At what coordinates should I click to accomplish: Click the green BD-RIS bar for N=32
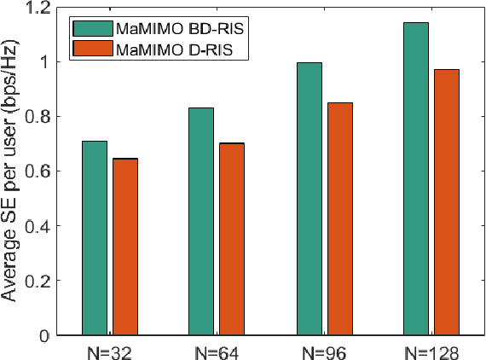coord(95,238)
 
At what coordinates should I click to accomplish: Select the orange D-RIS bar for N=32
coord(125,247)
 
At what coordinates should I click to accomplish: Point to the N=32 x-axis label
coord(110,351)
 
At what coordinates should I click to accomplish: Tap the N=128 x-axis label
coord(432,351)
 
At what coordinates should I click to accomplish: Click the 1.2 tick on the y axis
coord(39,8)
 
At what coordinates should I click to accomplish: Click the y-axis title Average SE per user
coord(12,171)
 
